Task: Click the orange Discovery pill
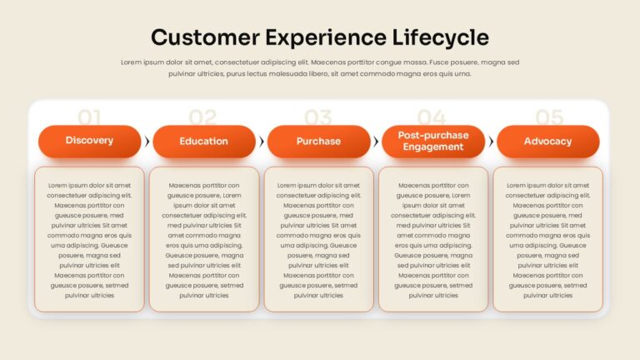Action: [89, 141]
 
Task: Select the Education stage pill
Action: [204, 141]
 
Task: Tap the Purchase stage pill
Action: [319, 141]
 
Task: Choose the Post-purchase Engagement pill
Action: [433, 141]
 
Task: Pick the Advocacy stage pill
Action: [547, 141]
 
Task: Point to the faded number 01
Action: [89, 117]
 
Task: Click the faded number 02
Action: [202, 117]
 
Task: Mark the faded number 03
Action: [318, 117]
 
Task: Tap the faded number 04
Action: [432, 117]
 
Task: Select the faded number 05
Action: [549, 117]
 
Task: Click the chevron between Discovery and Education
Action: [147, 142]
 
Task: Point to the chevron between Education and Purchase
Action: [262, 142]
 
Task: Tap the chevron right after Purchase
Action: [376, 142]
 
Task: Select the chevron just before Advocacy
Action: [491, 142]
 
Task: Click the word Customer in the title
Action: [205, 37]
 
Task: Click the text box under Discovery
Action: [89, 239]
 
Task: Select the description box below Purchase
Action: [319, 239]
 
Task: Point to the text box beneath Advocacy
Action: [547, 239]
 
